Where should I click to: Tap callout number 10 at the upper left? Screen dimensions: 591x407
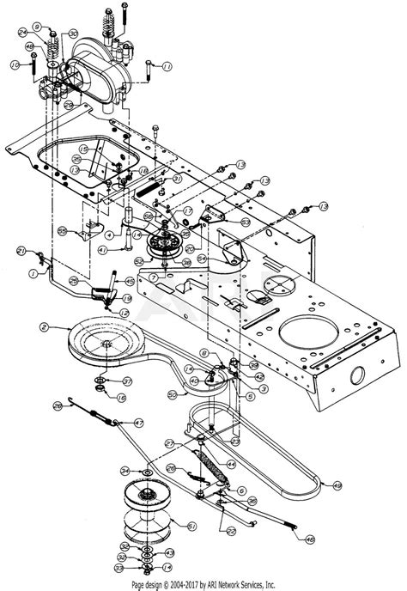click(15, 64)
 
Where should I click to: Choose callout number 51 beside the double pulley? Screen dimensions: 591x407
click(191, 527)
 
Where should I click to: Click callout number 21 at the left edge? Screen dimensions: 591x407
click(19, 250)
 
